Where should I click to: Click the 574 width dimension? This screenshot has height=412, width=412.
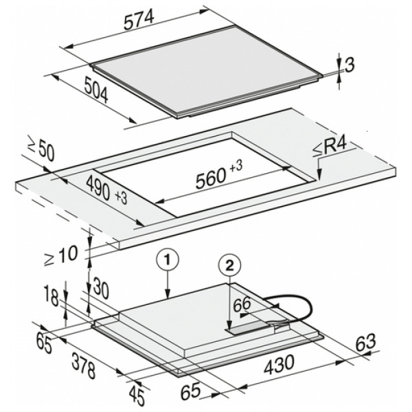click(x=139, y=21)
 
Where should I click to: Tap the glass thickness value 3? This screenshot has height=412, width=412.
click(x=350, y=65)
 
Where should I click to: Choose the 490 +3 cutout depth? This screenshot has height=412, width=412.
click(x=106, y=190)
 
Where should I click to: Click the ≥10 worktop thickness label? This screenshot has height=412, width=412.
click(x=61, y=255)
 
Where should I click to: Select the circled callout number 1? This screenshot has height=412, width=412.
click(x=168, y=261)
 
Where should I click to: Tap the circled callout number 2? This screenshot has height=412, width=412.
click(x=229, y=266)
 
